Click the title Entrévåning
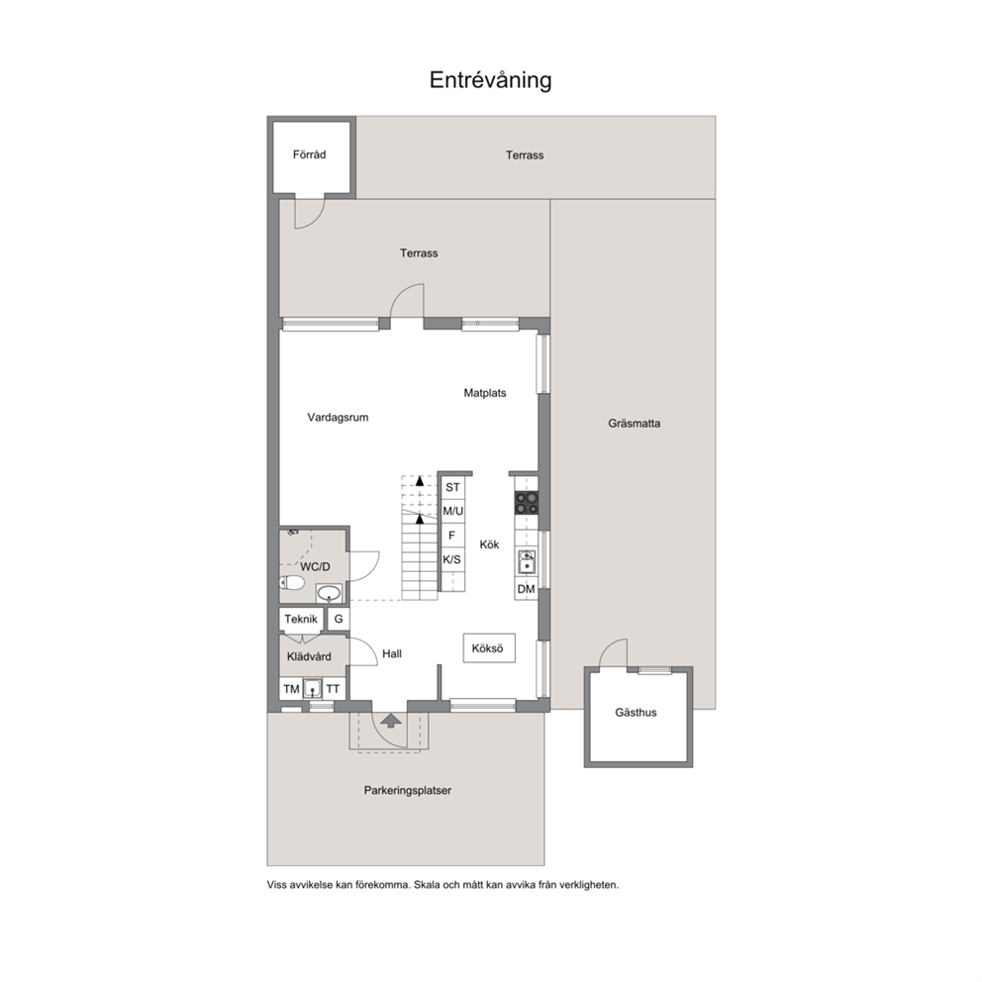click(490, 80)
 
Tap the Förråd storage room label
click(310, 154)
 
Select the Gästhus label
click(636, 712)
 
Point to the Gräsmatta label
click(634, 424)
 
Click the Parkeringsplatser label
click(408, 790)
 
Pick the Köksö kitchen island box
click(489, 648)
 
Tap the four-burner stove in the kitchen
click(527, 502)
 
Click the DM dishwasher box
click(526, 589)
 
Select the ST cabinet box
click(452, 487)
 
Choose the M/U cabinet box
click(452, 511)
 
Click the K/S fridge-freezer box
click(452, 559)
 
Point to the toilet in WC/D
click(291, 583)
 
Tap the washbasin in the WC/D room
click(329, 592)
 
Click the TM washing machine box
click(291, 689)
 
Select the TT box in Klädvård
click(334, 689)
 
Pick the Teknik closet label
click(301, 620)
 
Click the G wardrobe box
click(339, 619)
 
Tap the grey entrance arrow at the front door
click(391, 721)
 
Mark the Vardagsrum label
click(338, 418)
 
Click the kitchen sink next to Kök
click(527, 562)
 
